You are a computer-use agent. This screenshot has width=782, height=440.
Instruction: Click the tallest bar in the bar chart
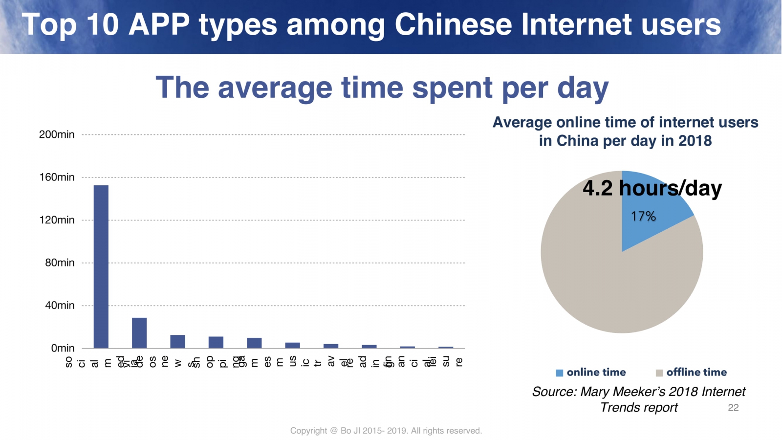coord(101,266)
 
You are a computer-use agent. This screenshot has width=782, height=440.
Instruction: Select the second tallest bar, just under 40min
coord(139,333)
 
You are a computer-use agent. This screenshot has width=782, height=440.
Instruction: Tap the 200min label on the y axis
coord(57,134)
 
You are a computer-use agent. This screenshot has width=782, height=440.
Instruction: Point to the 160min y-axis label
coord(57,177)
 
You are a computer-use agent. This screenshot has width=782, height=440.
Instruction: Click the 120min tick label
coord(57,220)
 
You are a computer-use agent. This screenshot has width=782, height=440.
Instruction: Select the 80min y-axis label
coord(60,263)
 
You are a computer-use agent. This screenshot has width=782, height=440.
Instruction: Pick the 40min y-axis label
coord(60,306)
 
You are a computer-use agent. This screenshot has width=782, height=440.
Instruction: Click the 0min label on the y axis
coord(63,348)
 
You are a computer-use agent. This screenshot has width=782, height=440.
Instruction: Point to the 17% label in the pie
coord(643,216)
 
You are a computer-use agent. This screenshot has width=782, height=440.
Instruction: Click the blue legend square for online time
coord(560,373)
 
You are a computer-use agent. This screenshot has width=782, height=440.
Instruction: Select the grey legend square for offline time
coord(659,373)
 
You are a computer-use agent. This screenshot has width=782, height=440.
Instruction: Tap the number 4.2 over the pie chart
coord(597,188)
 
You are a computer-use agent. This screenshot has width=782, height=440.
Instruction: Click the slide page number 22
coord(733,407)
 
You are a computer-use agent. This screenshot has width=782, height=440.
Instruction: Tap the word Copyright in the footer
coord(308,431)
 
